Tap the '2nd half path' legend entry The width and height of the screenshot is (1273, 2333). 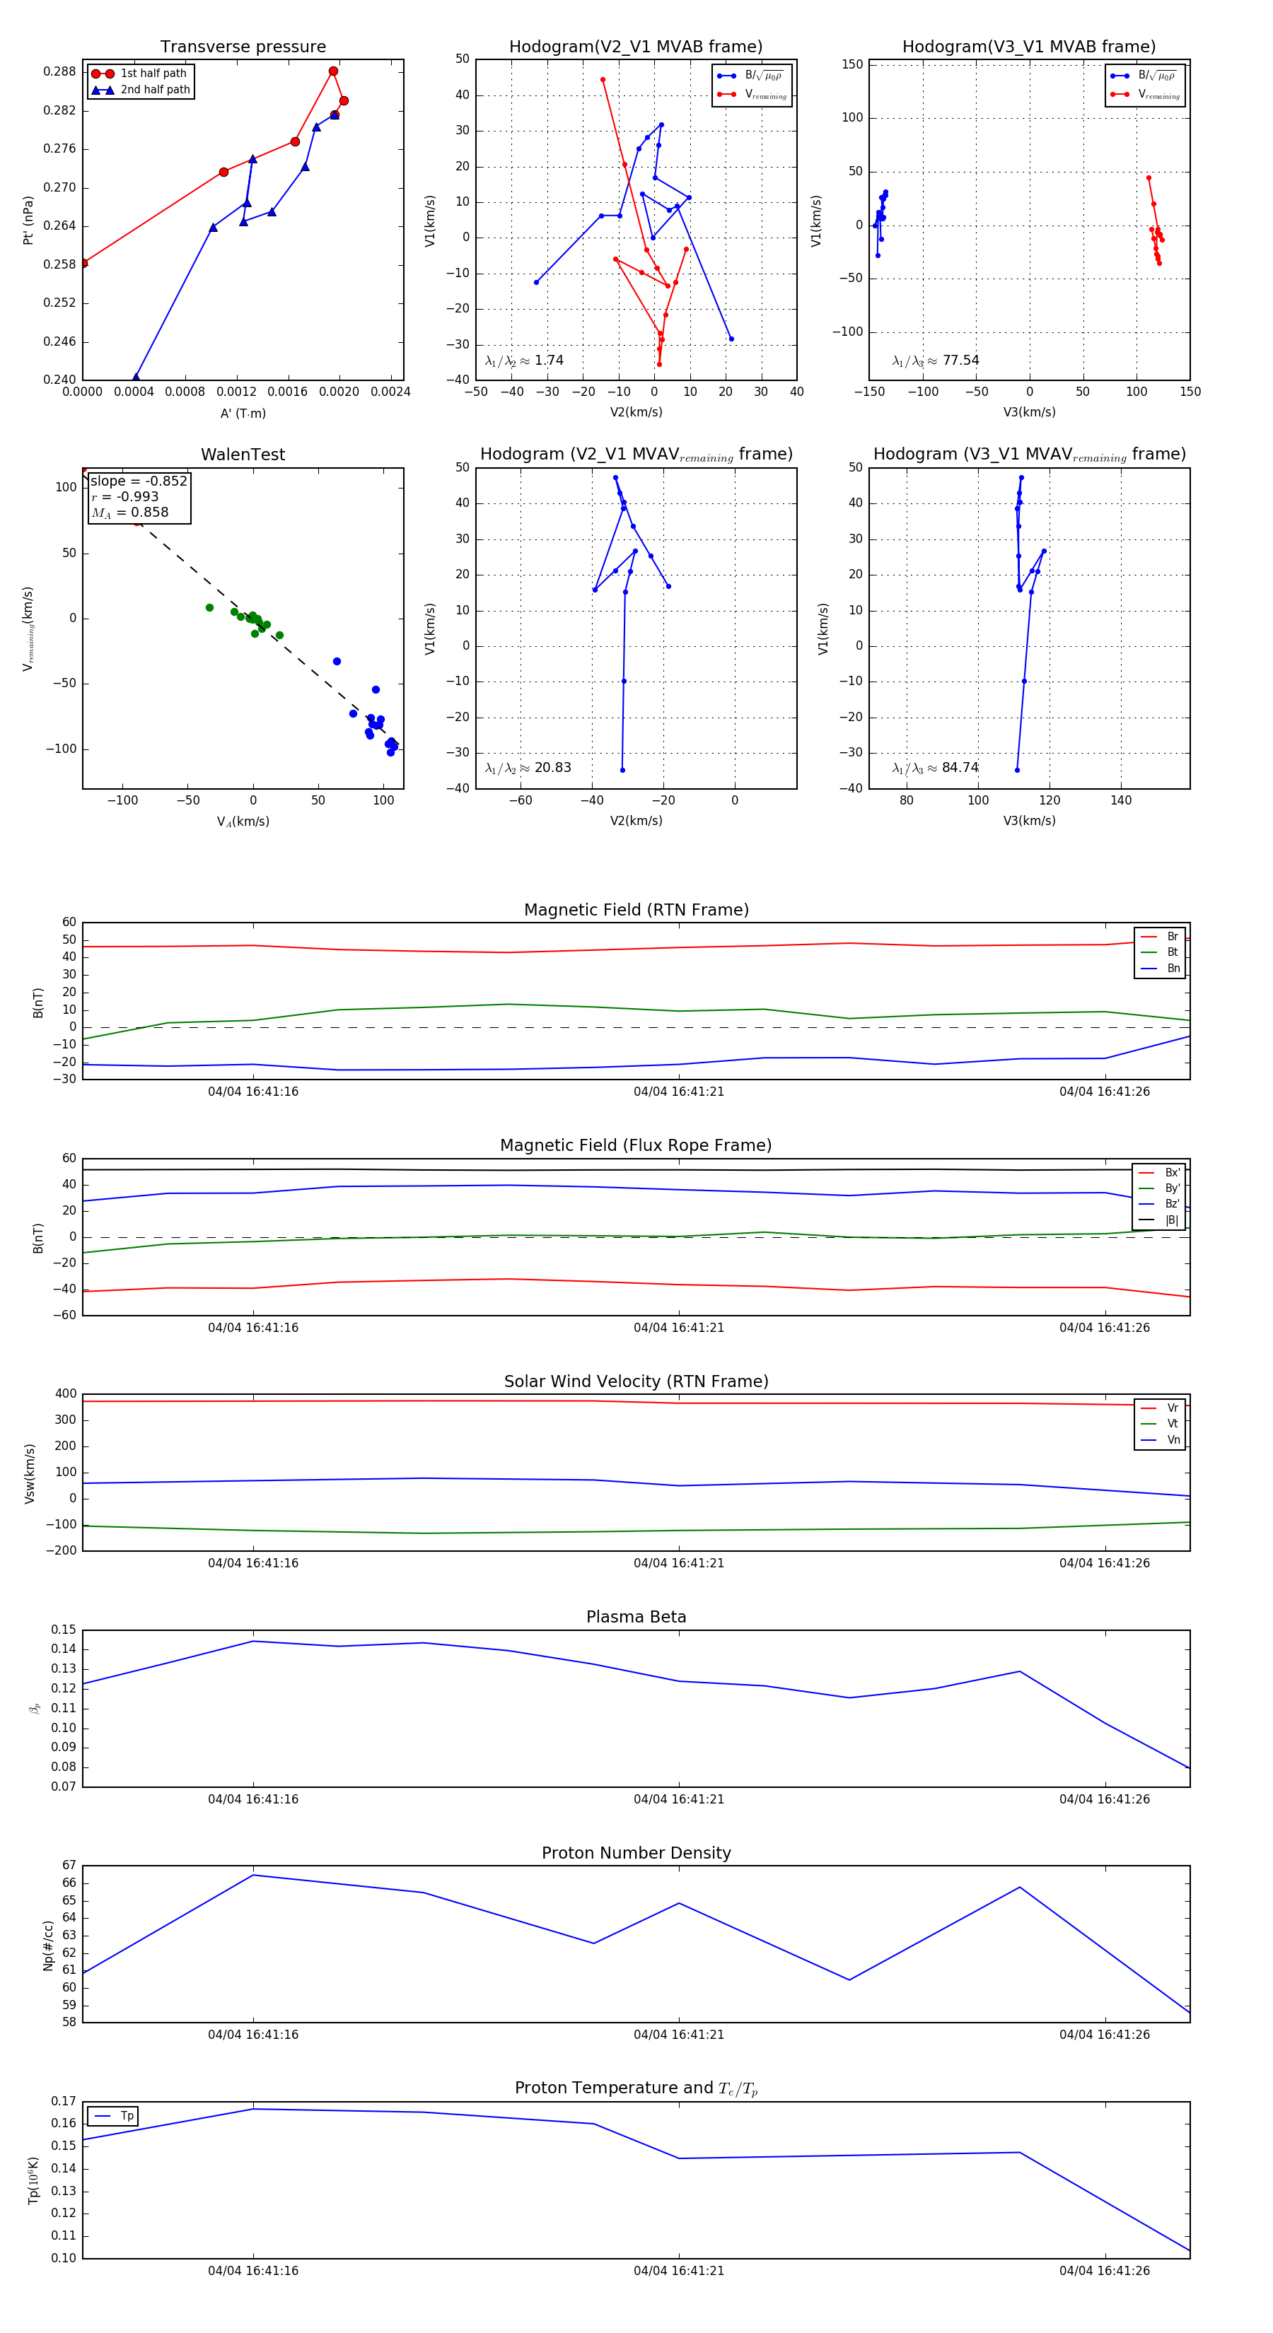click(155, 90)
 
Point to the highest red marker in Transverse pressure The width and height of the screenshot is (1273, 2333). click(333, 71)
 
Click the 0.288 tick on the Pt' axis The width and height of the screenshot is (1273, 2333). click(60, 71)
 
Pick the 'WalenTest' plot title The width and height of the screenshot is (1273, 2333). click(243, 455)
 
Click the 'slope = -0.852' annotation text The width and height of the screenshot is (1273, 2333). click(139, 481)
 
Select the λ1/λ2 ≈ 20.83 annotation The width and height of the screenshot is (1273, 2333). click(528, 768)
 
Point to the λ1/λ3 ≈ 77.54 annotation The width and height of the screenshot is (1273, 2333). click(935, 361)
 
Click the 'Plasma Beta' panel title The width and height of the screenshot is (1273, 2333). click(636, 1618)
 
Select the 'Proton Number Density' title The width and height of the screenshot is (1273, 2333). click(636, 1853)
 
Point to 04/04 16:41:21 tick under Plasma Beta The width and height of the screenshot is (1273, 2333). click(679, 1799)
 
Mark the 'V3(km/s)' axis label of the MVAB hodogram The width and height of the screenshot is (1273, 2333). click(1028, 412)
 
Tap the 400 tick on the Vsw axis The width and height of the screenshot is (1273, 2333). click(65, 1394)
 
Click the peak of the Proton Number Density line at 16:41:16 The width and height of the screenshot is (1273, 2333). click(252, 1875)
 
